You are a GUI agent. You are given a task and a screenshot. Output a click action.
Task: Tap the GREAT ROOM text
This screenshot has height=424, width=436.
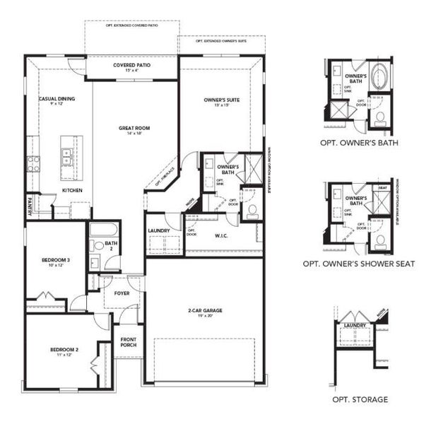click(x=134, y=129)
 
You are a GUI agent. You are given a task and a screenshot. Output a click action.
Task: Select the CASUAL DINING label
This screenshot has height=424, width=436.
click(x=57, y=99)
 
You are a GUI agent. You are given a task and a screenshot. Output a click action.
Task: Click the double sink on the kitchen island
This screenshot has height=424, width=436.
click(x=67, y=157)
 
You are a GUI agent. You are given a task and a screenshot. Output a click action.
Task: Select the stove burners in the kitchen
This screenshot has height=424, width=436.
click(x=33, y=164)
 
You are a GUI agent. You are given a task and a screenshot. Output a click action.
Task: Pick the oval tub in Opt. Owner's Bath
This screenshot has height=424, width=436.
click(x=379, y=76)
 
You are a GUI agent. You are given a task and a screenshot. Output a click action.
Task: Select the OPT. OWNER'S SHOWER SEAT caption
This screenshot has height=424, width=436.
click(x=358, y=264)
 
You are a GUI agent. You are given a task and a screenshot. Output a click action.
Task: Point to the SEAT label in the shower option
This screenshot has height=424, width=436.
click(x=383, y=187)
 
